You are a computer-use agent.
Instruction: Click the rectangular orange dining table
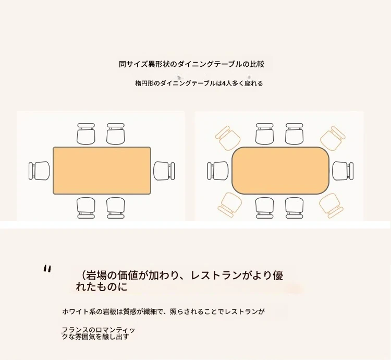tap(102, 171)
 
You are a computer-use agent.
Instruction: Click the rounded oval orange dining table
tap(280, 171)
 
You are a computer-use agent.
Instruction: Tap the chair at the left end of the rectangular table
tap(39, 171)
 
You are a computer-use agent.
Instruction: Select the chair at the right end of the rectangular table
tap(164, 171)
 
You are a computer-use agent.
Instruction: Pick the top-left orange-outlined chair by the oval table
tap(227, 138)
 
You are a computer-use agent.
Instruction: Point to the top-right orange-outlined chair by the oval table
tap(333, 138)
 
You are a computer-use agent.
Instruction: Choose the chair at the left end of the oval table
tap(218, 171)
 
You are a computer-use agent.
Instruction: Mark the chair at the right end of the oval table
tap(343, 171)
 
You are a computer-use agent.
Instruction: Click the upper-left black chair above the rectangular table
tap(86, 134)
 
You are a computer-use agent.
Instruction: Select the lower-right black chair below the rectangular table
tap(115, 208)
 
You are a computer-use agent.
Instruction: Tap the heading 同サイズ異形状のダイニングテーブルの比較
tap(191, 64)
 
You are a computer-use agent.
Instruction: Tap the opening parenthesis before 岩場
tap(83, 275)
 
